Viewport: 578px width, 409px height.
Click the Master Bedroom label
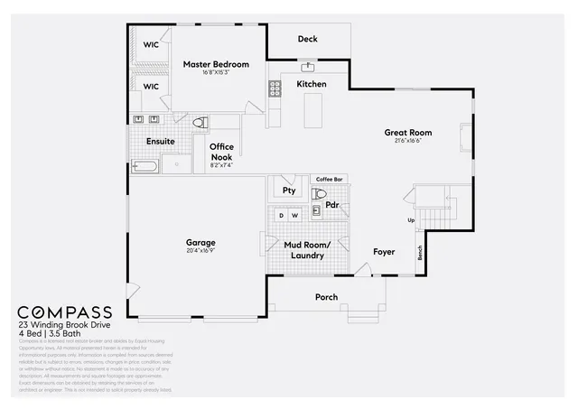click(216, 64)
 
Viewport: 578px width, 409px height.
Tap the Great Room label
click(407, 133)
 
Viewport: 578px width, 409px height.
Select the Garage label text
click(200, 242)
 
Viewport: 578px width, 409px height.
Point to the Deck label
click(308, 39)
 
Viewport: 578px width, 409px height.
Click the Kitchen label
click(312, 84)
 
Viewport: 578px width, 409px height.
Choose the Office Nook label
click(221, 151)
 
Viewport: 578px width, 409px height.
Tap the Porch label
click(326, 297)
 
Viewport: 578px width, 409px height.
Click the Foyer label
click(384, 252)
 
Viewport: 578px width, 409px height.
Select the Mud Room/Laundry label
click(306, 250)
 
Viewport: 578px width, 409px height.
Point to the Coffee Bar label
click(329, 179)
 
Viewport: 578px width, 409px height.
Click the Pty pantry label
click(289, 191)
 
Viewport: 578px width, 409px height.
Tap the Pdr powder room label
click(332, 205)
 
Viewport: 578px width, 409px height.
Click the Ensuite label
click(160, 142)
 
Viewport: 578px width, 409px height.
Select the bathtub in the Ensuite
click(145, 166)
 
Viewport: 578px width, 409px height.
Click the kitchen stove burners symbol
click(275, 88)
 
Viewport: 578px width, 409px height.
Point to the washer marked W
click(294, 216)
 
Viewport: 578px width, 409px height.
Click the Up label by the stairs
click(412, 220)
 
